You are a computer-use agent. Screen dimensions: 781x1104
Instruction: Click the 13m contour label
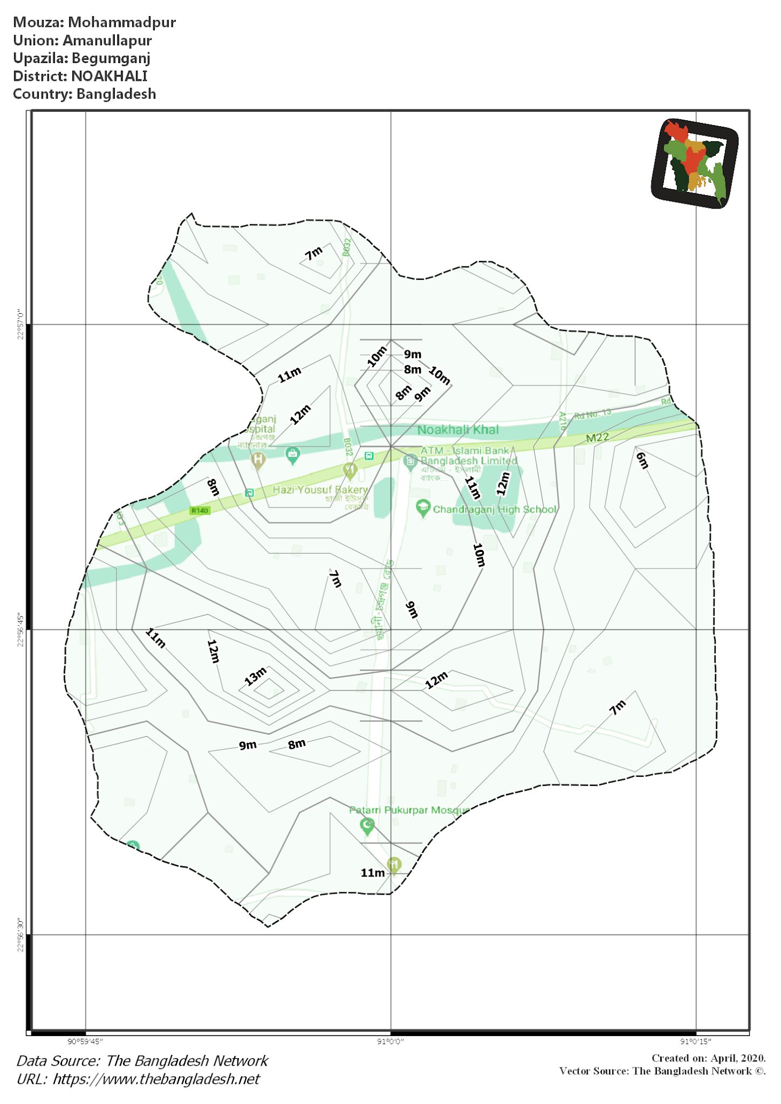click(256, 675)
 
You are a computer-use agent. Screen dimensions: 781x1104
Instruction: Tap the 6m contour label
click(642, 460)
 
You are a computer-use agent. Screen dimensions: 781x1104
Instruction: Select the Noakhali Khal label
click(458, 430)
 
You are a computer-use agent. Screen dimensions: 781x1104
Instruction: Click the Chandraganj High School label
click(495, 509)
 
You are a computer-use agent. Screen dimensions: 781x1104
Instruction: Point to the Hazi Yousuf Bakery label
click(320, 489)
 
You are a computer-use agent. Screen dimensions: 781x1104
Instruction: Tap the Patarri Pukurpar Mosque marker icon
click(367, 825)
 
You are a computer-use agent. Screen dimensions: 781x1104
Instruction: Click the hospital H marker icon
click(258, 460)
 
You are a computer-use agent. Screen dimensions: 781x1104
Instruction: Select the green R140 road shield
click(200, 510)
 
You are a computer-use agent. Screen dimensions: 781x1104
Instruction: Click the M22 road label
click(598, 438)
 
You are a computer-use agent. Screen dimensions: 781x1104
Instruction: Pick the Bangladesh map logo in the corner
click(694, 163)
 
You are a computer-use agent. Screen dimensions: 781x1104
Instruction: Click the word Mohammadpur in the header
click(122, 22)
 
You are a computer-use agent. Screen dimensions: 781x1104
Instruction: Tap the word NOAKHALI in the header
click(109, 76)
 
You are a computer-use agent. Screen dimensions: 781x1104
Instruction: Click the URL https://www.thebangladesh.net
click(156, 1079)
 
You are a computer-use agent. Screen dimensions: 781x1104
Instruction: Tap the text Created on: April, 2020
click(708, 1058)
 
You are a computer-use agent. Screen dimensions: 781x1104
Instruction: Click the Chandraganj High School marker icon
click(423, 508)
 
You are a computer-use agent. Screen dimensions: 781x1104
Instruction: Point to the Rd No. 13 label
click(592, 413)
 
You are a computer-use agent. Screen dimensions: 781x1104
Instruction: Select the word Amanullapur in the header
click(107, 40)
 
